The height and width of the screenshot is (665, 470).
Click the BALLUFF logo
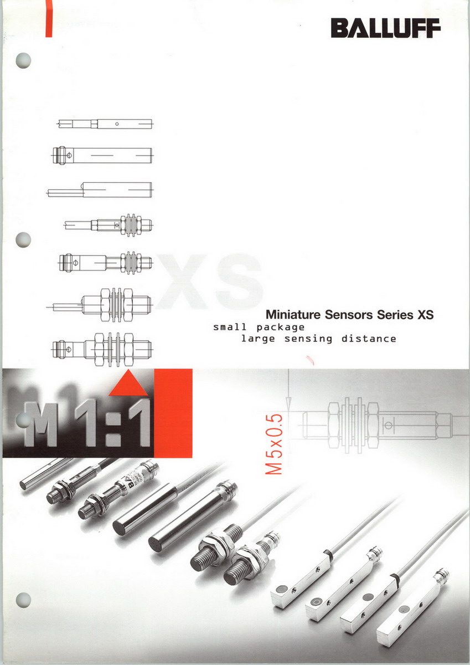385,28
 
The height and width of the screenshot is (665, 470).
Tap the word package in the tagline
280,328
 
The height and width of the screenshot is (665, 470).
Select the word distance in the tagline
369,339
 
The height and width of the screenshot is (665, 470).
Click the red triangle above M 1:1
128,383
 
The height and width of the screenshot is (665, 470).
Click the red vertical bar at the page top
49,18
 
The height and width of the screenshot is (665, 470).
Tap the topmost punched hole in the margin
23,60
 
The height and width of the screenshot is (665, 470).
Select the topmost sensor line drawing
105,124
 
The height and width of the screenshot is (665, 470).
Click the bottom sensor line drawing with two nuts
102,350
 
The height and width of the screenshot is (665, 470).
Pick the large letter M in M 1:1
40,425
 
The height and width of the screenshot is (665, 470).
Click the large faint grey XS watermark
210,281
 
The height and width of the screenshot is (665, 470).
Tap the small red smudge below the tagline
311,360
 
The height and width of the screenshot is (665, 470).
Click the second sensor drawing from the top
102,155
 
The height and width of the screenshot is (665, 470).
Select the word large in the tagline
258,339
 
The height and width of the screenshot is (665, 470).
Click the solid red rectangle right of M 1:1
173,413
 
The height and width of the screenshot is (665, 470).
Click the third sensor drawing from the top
100,190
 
